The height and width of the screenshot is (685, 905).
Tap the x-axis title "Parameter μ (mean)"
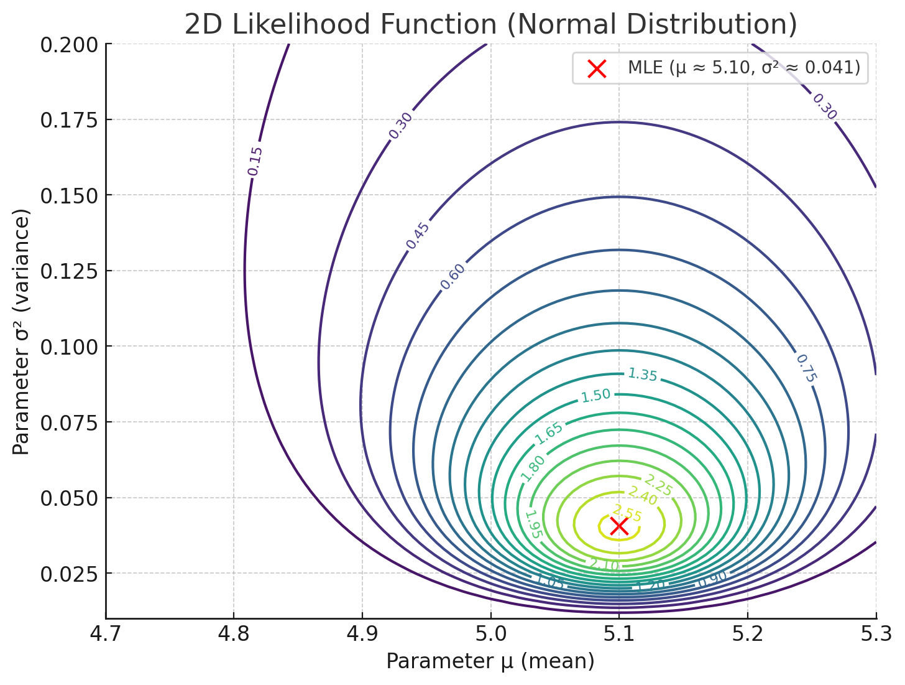[490, 661]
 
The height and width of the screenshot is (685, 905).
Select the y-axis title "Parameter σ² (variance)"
[22, 332]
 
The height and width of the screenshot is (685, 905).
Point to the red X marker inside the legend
[597, 68]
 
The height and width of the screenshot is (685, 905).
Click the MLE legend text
[744, 68]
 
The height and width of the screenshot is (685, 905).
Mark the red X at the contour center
[619, 526]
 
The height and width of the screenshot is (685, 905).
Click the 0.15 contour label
[255, 161]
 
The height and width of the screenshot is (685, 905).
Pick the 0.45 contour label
[418, 236]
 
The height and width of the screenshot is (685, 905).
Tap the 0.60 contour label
[452, 277]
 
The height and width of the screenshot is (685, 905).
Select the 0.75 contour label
[806, 368]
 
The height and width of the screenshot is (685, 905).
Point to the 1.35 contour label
[642, 375]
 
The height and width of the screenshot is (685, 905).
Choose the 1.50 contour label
[595, 396]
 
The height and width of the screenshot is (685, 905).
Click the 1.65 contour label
[549, 433]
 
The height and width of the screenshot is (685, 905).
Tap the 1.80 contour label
[533, 468]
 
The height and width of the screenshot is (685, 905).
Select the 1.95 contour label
[533, 524]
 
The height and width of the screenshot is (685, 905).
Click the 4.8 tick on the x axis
[234, 635]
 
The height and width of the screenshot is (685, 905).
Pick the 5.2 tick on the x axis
[747, 635]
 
